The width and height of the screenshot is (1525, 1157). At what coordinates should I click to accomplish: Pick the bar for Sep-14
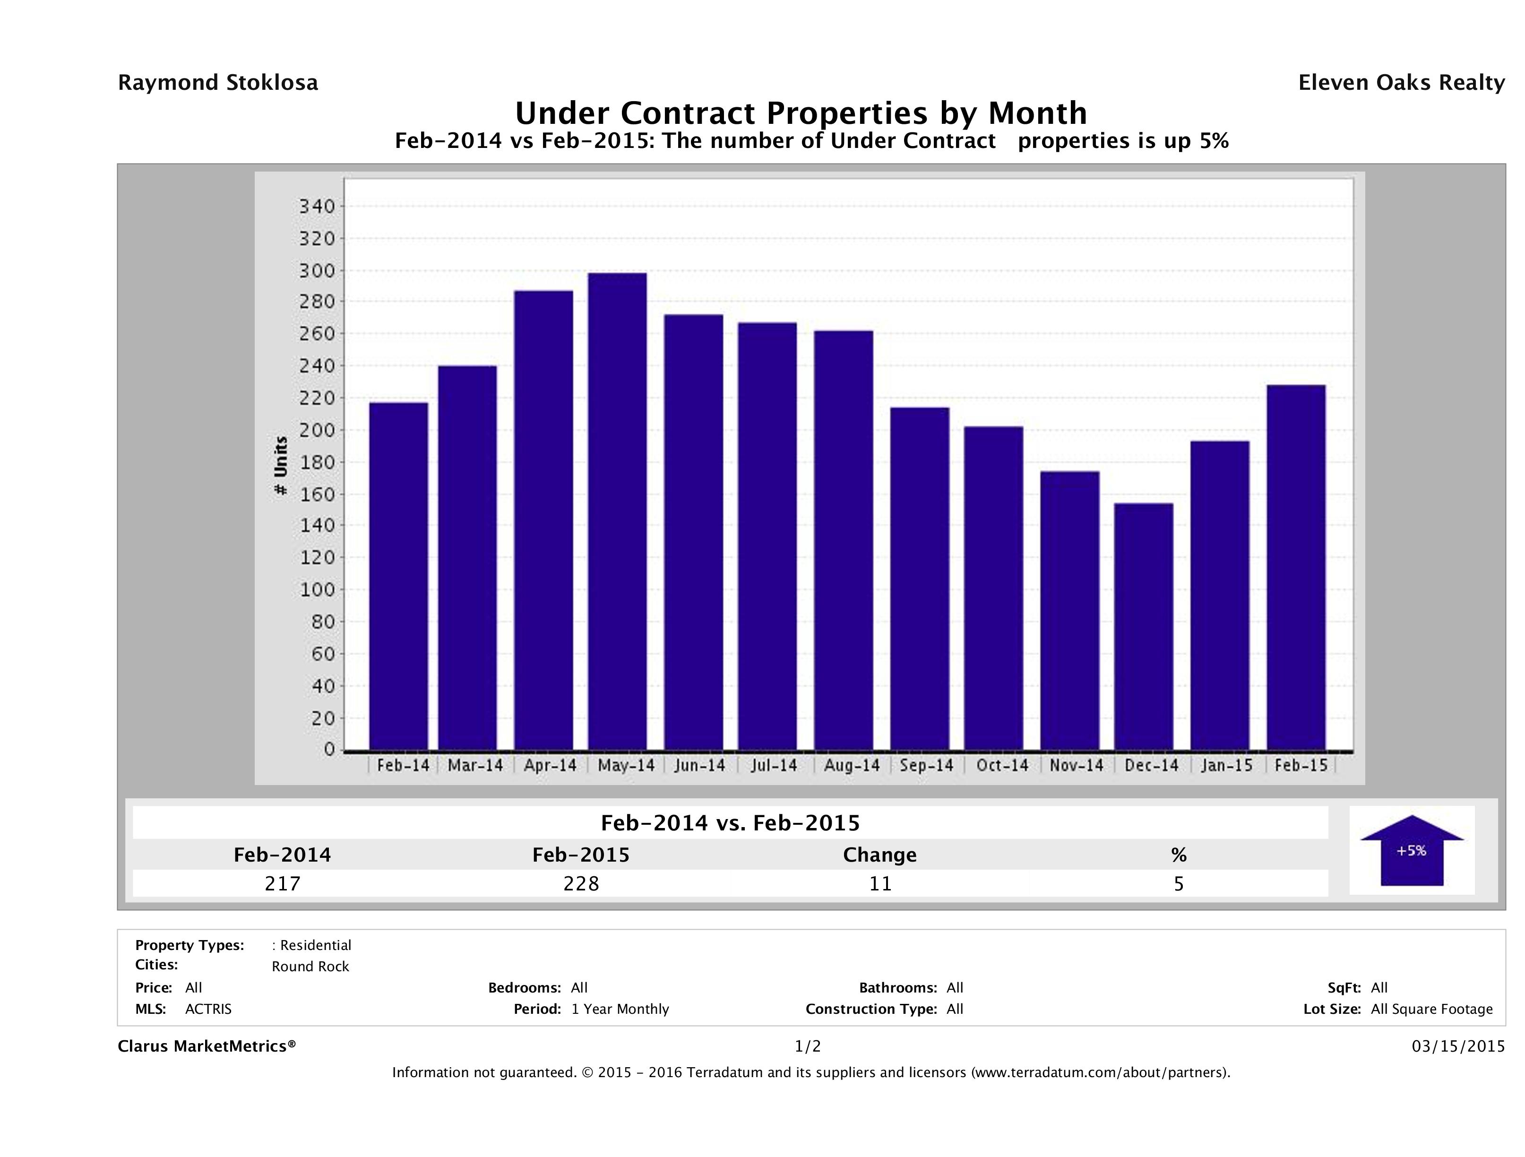click(x=920, y=578)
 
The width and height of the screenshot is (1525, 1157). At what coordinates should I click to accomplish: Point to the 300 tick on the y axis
click(x=317, y=271)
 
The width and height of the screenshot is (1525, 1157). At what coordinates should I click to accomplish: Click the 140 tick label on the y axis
click(x=317, y=526)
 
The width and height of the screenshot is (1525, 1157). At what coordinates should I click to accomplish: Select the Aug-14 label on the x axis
click(x=852, y=765)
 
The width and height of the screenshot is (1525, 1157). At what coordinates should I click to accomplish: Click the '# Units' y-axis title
click(x=281, y=466)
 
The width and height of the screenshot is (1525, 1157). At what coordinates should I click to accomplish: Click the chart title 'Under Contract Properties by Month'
click(x=801, y=112)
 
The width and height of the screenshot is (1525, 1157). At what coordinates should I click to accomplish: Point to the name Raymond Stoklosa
click(x=218, y=83)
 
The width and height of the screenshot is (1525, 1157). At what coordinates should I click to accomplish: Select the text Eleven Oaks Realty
click(x=1401, y=83)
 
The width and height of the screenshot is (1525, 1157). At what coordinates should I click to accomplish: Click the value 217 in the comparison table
click(x=283, y=883)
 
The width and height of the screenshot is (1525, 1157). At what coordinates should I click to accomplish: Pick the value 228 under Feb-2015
click(x=581, y=883)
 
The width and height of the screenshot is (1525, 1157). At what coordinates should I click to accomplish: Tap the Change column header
click(x=880, y=855)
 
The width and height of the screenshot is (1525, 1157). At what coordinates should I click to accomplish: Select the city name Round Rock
click(x=310, y=967)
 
